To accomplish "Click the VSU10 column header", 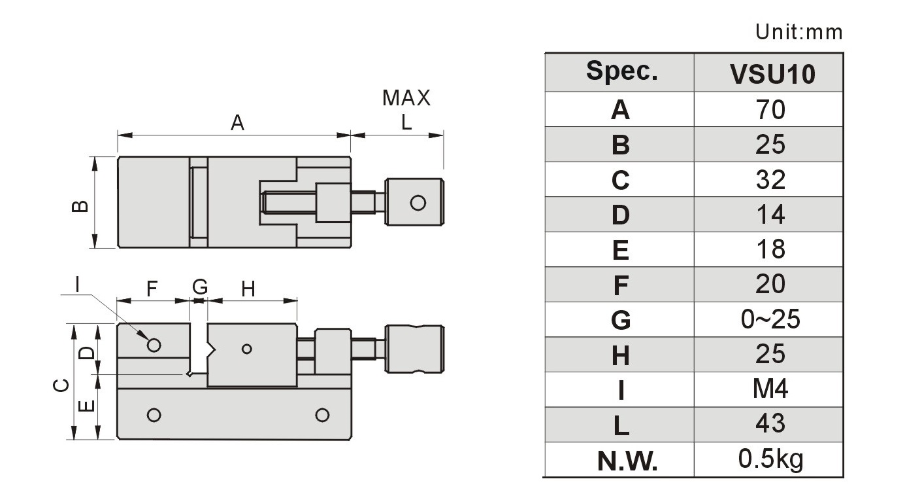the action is [772, 74].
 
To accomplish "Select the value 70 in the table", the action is [770, 110].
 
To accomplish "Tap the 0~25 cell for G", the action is [770, 319].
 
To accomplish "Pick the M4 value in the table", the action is [770, 389].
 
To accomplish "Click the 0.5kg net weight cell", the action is [770, 459].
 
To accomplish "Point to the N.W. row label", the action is [627, 461].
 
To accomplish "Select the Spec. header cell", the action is [622, 71].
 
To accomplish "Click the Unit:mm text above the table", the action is [799, 31].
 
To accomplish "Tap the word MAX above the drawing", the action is [406, 98].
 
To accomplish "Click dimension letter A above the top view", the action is [237, 123].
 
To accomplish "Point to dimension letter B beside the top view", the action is [80, 206].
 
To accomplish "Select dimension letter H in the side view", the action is [248, 289].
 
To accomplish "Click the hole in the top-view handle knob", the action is [418, 203].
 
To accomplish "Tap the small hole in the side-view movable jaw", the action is [246, 349].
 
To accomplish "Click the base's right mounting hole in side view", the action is [322, 415].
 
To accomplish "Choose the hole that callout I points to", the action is [154, 345].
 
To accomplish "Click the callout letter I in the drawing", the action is [77, 284].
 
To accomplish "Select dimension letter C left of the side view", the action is [61, 385].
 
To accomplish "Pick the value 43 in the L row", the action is [770, 423].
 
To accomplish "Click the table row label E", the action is [621, 250].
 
